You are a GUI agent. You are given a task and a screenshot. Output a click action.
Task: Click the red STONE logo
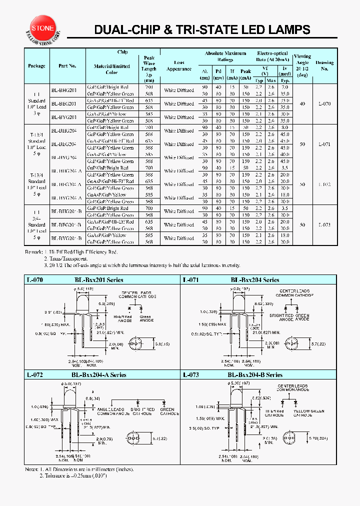pyautogui.click(x=42, y=28)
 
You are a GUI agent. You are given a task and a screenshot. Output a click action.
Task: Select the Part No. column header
pyautogui.click(x=67, y=66)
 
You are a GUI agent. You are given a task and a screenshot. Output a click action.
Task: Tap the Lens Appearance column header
pyautogui.click(x=178, y=66)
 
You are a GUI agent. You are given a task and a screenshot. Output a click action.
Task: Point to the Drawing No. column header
pyautogui.click(x=324, y=66)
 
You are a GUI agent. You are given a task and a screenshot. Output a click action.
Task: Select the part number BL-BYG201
pyautogui.click(x=64, y=117)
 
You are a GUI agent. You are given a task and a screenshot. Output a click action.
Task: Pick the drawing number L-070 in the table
pyautogui.click(x=324, y=104)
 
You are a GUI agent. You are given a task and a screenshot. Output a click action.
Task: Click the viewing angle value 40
pyautogui.click(x=302, y=104)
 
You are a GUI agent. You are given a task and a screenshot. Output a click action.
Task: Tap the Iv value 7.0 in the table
pyautogui.click(x=285, y=87)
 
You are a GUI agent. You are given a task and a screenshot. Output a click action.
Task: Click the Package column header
pyautogui.click(x=36, y=66)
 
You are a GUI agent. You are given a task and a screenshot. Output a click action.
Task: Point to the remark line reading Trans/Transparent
pyautogui.click(x=65, y=258)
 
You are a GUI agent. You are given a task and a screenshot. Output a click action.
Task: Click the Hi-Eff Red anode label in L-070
pyautogui.click(x=122, y=319)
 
